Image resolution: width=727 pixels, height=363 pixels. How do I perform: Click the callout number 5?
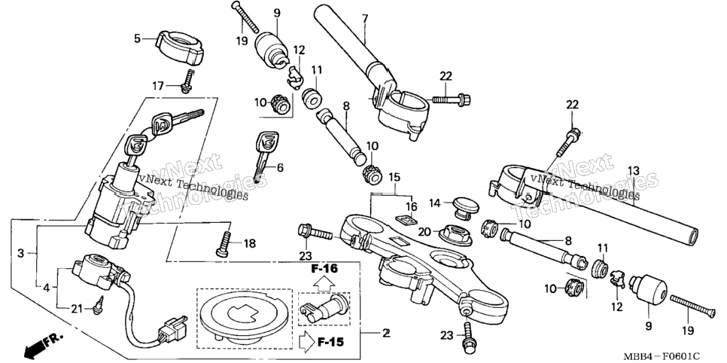pos(137,38)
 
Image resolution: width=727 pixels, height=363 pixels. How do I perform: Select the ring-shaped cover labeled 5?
pos(178,47)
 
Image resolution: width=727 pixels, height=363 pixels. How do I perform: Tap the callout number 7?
pos(365,19)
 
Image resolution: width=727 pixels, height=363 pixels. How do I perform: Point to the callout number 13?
pos(634,171)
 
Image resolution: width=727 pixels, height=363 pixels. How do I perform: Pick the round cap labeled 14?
pos(461,205)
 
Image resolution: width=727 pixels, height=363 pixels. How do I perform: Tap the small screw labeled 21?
pos(97,305)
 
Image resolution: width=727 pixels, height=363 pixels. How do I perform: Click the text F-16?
pos(324,269)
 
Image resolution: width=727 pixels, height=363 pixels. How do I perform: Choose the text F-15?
pos(330,343)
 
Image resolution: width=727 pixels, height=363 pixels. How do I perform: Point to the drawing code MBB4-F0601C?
pos(662,356)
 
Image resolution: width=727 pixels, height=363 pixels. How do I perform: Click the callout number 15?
pos(394,177)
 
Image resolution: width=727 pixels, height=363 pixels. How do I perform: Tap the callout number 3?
pos(20,254)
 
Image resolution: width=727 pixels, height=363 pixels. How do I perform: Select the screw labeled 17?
pos(188,81)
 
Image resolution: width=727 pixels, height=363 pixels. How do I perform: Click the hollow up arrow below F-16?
pos(324,282)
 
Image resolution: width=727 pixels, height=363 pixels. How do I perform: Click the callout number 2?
pos(385,333)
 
